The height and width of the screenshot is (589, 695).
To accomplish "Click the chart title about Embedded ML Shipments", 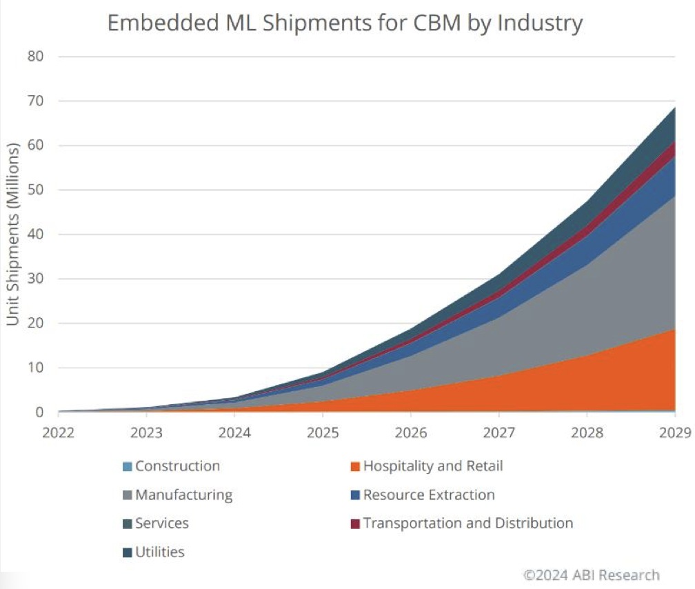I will coord(345,23).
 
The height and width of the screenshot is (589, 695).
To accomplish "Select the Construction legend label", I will coord(177,466).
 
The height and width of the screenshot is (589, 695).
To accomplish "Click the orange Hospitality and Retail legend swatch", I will coord(355,467).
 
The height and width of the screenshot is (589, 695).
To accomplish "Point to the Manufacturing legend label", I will coord(183,495).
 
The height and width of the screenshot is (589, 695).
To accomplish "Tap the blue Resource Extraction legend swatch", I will coord(355,495).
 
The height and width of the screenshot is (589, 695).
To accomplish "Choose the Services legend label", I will coord(161,523).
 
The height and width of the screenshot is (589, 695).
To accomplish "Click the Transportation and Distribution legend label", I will coord(468,523).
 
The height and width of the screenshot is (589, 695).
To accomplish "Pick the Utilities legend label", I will coord(159,552).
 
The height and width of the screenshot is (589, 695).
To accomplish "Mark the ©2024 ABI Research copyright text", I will coord(591,575).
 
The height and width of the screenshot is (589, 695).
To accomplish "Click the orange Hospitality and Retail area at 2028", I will coord(586,386).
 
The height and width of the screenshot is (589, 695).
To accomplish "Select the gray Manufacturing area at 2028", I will coord(586,310).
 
